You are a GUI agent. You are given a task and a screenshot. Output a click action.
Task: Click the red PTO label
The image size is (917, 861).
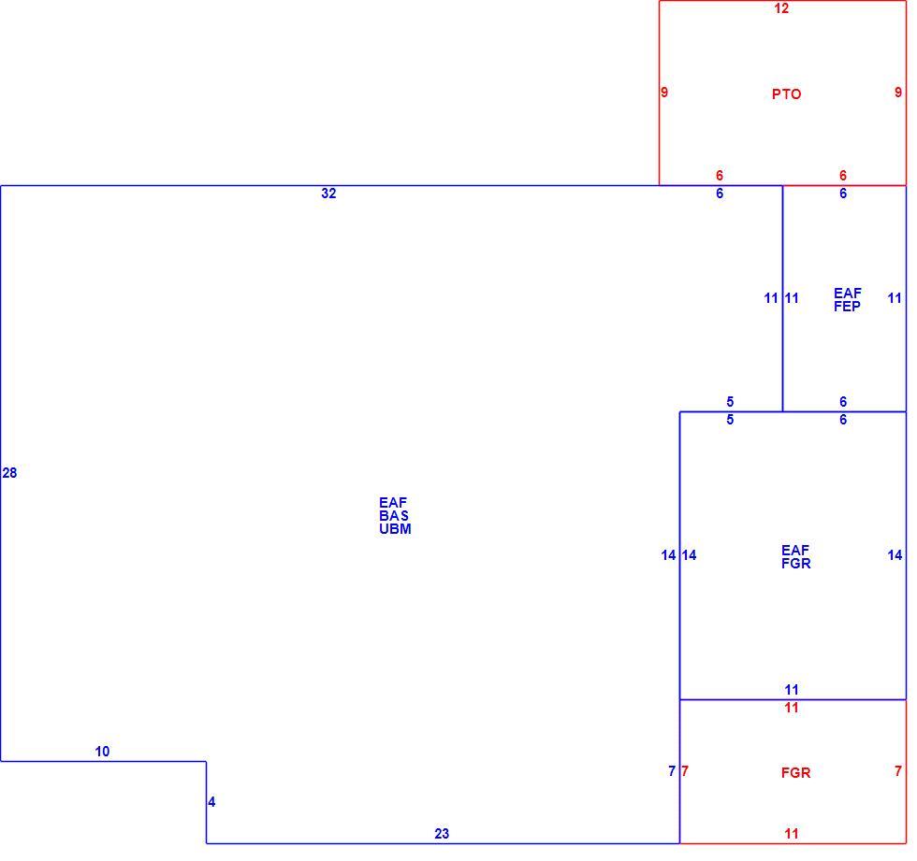[786, 94]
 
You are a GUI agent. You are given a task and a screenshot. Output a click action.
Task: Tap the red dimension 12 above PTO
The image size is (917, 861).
[781, 8]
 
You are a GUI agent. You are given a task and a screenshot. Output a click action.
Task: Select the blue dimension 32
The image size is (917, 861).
[328, 194]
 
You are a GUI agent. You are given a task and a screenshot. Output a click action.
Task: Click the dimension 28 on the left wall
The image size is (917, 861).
[9, 472]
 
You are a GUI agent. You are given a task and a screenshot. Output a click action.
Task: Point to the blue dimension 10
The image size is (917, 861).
[102, 752]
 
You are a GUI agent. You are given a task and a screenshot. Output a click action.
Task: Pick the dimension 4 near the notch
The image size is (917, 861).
[211, 802]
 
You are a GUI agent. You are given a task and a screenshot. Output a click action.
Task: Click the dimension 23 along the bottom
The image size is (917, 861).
[442, 834]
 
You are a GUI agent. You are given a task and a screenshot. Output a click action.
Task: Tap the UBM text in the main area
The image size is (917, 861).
[395, 528]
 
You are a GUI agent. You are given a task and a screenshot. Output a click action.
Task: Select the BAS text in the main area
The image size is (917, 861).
[394, 516]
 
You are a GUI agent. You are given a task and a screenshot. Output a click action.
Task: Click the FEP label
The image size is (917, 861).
[847, 306]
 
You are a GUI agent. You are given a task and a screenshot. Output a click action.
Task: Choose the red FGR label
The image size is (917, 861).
[796, 773]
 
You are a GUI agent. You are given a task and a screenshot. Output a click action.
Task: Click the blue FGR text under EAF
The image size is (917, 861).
[796, 563]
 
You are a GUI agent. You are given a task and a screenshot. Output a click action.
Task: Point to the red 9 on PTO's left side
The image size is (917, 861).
[664, 92]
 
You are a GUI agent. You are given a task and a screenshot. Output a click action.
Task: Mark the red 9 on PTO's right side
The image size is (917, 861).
[898, 92]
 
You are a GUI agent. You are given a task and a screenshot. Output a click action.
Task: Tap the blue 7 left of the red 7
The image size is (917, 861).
[672, 771]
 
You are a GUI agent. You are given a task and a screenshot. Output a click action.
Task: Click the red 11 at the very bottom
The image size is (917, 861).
[792, 834]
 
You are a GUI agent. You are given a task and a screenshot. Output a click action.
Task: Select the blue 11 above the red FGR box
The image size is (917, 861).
[792, 689]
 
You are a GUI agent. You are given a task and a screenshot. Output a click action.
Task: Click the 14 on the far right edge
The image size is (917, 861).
[895, 555]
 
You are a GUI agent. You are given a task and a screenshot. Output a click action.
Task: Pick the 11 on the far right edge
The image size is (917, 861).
[895, 298]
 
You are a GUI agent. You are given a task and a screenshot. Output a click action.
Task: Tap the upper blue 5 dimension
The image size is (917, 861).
[730, 401]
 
